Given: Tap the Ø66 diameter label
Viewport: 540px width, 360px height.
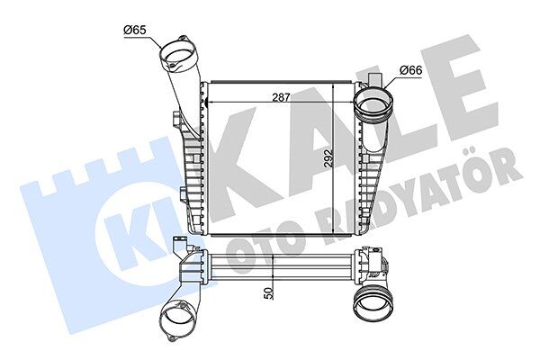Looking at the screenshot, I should pyautogui.click(x=410, y=70).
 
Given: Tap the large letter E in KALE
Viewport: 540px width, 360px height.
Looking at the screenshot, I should pyautogui.click(x=450, y=90).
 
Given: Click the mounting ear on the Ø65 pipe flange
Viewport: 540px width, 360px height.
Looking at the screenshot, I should pyautogui.click(x=190, y=40).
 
